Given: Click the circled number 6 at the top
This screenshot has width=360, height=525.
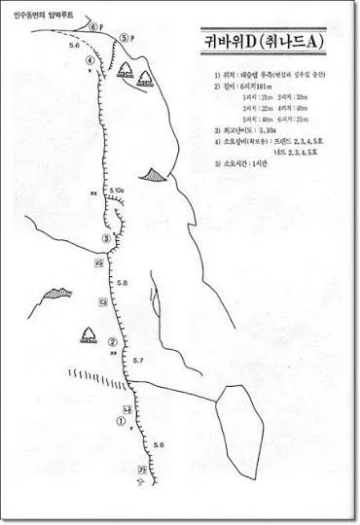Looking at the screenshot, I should click(94, 27).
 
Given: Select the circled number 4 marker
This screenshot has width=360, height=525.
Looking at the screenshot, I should click(90, 59).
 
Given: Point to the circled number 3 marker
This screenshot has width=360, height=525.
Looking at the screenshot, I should click(105, 239).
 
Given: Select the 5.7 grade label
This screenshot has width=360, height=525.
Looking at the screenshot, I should click(138, 361).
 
